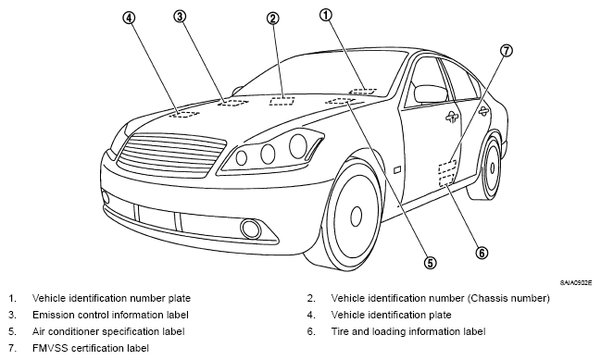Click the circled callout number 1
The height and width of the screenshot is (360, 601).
tap(326, 15)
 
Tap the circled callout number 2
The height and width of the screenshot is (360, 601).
tap(273, 18)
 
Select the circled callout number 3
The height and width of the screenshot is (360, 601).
tap(180, 16)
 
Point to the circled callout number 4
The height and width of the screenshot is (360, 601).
tap(129, 18)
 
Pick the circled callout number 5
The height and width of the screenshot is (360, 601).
tap(430, 263)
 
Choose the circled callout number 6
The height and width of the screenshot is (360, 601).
tap(482, 253)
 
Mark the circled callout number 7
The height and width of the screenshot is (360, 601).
tap(507, 50)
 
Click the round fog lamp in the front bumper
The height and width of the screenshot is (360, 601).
tap(251, 229)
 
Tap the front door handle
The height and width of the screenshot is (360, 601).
tap(452, 118)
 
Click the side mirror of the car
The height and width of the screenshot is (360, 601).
tap(430, 94)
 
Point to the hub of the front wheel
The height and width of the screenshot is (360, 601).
tap(357, 216)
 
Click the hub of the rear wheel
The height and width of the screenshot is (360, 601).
tap(492, 168)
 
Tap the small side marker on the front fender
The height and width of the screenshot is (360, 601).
tap(397, 168)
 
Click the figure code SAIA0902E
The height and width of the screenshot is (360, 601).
tap(576, 283)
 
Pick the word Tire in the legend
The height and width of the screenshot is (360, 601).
tap(340, 331)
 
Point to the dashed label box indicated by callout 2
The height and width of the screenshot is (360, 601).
tap(282, 101)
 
